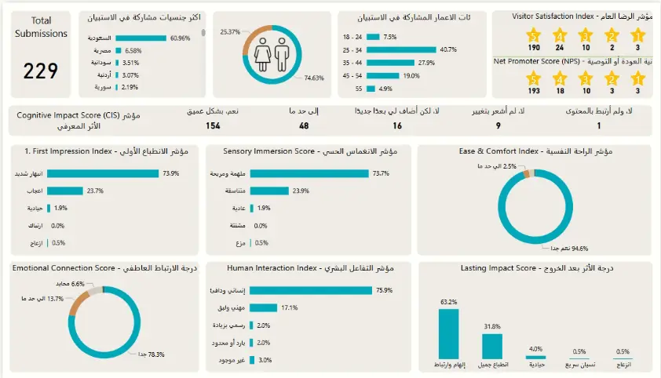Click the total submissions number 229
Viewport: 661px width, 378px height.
pos(40,71)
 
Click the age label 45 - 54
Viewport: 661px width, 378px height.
pos(352,76)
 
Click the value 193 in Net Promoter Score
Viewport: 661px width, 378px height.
pos(534,91)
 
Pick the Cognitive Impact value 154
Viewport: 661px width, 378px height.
pos(213,125)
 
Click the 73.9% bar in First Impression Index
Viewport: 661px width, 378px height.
pos(103,174)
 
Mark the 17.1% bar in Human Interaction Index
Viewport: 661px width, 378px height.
pos(267,307)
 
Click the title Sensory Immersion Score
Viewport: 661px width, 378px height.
pos(310,151)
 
